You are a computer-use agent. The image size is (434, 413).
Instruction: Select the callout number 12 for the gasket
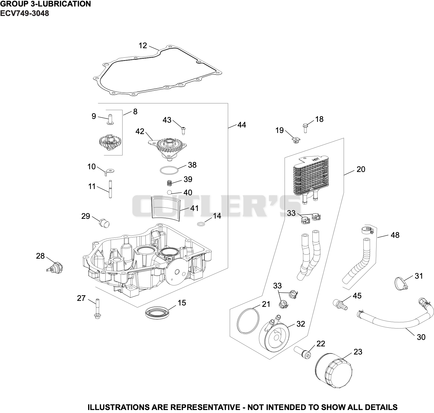[x=143, y=45]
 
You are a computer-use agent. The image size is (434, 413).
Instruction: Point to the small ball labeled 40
[x=169, y=192]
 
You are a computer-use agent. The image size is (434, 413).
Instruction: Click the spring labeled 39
[x=169, y=183]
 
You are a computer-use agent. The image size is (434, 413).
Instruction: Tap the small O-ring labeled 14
[x=201, y=224]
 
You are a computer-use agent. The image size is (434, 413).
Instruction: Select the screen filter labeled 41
[x=165, y=207]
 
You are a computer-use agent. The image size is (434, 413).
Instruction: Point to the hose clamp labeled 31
[x=401, y=284]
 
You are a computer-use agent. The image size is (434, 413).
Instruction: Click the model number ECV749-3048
[x=24, y=13]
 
